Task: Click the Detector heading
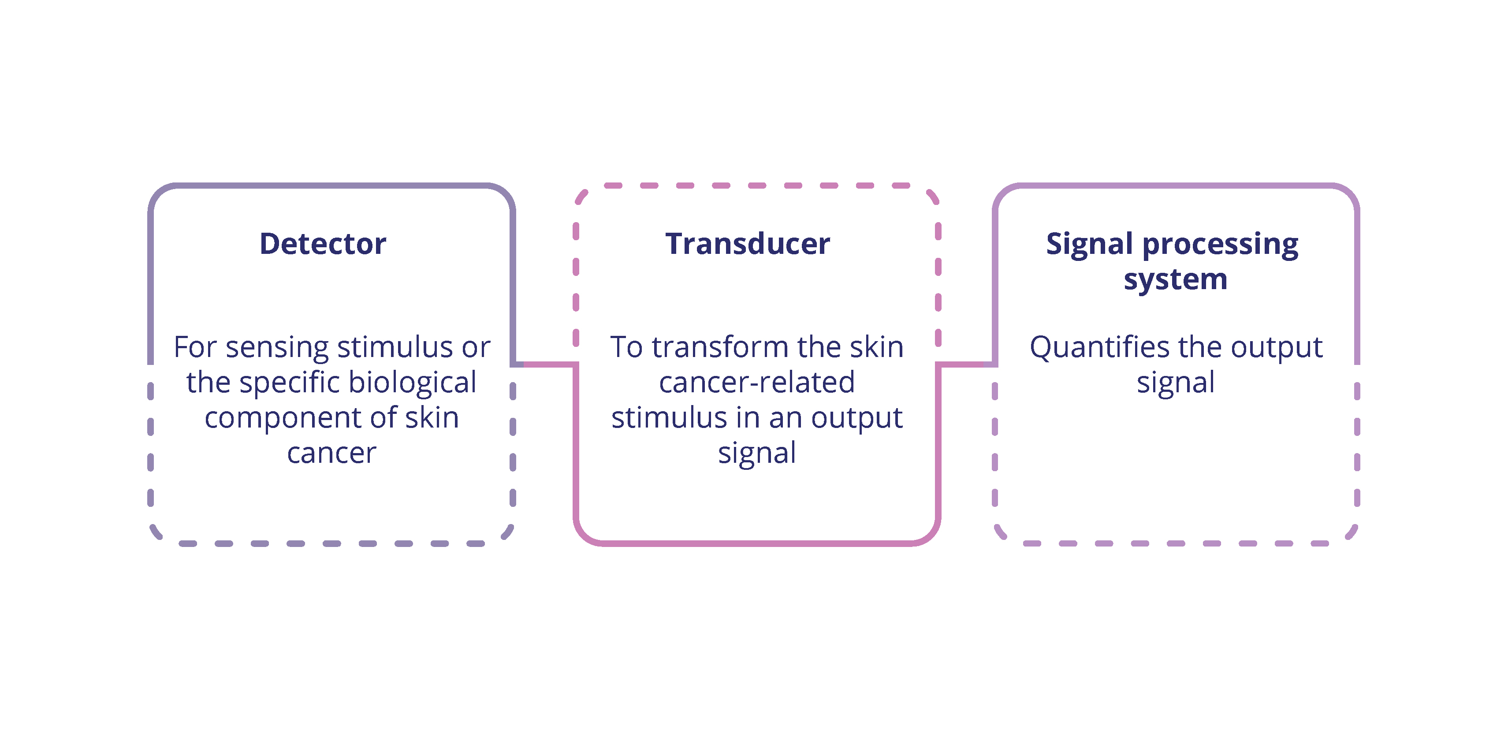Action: point(323,244)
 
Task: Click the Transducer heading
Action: point(748,244)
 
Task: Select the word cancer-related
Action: point(757,383)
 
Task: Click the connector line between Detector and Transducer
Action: point(547,364)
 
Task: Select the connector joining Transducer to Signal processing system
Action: point(967,364)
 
